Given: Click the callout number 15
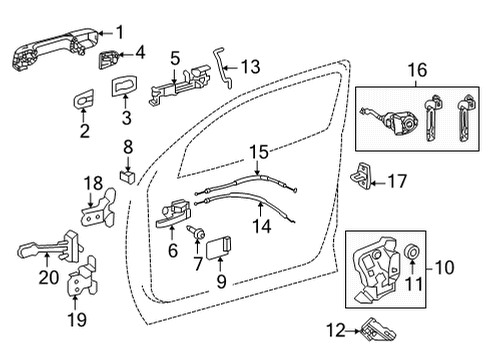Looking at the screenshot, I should (260, 152).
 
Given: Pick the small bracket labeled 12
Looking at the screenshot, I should (374, 326).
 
